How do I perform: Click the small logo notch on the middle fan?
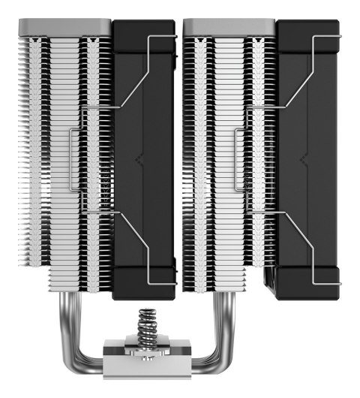click(x=139, y=160)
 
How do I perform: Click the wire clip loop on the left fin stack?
click(x=74, y=158)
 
